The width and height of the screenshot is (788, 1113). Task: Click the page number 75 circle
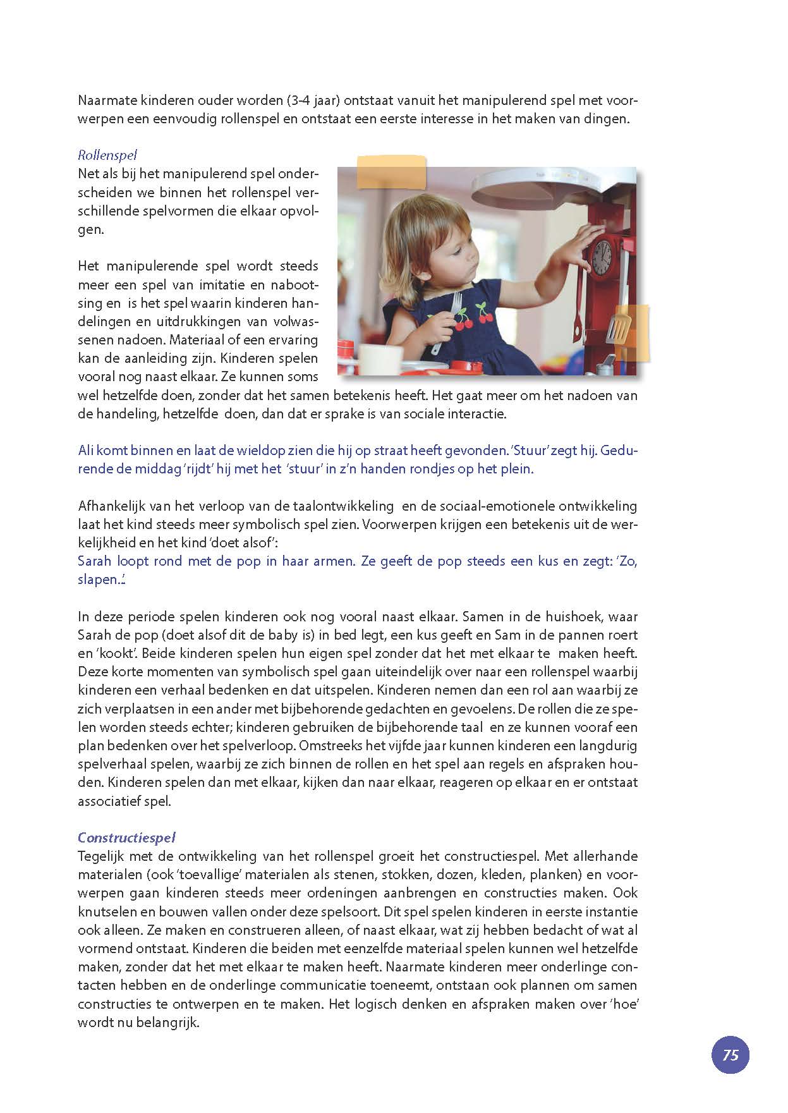(x=730, y=1055)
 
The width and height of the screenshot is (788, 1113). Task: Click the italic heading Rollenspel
(x=107, y=155)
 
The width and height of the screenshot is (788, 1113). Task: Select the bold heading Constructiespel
(x=126, y=837)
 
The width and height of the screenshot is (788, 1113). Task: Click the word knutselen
(x=104, y=911)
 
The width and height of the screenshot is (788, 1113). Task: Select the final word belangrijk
(x=169, y=1022)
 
